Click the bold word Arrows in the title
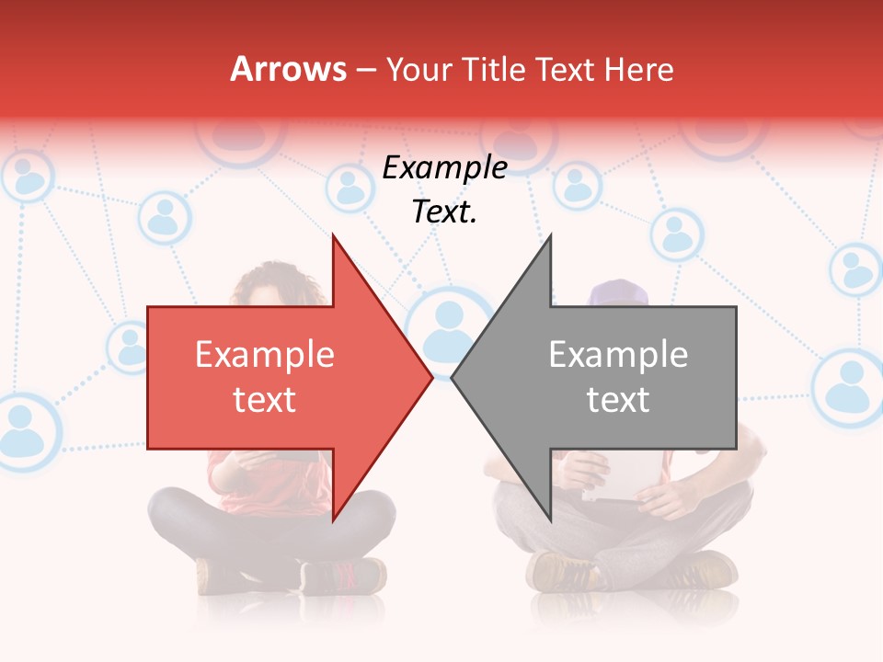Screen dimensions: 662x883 (288, 69)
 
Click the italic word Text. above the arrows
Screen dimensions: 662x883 (444, 212)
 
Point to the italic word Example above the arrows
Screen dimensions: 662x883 (444, 168)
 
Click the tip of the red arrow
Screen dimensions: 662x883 (430, 377)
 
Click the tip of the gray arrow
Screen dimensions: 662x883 (453, 377)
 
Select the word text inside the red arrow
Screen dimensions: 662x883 (264, 400)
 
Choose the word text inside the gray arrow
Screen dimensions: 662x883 (618, 400)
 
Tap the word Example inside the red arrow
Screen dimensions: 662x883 (264, 355)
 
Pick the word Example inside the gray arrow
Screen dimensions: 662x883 (618, 355)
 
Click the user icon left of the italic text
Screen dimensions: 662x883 (349, 187)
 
